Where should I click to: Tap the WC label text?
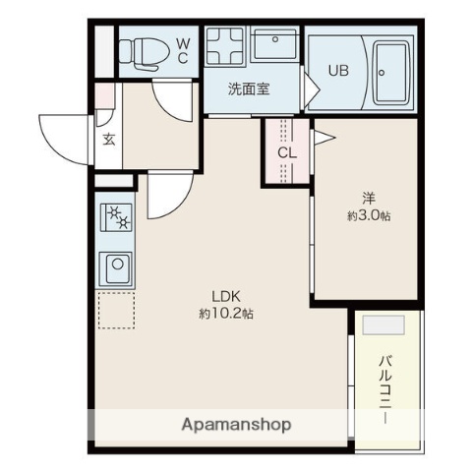(183, 50)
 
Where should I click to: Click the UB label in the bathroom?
(337, 70)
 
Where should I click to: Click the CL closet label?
(286, 152)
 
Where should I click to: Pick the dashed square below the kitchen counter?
(115, 310)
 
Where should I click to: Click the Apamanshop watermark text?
(236, 425)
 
